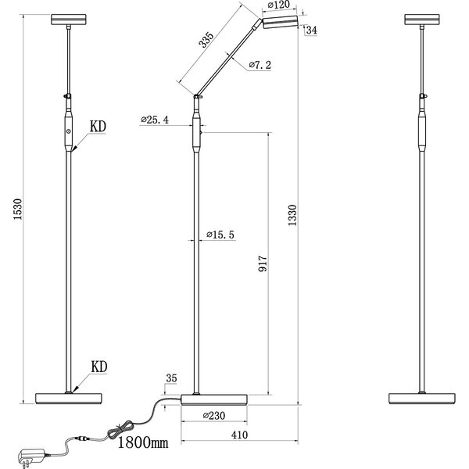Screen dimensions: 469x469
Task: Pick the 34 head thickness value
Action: [x=312, y=30]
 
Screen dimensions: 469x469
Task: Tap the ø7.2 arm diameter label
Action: [x=260, y=66]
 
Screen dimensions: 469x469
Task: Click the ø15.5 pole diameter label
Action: [x=222, y=234]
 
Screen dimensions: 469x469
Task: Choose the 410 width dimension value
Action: [x=239, y=436]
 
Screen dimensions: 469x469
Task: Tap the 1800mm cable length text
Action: [x=143, y=443]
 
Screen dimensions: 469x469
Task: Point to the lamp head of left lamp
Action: [x=70, y=19]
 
